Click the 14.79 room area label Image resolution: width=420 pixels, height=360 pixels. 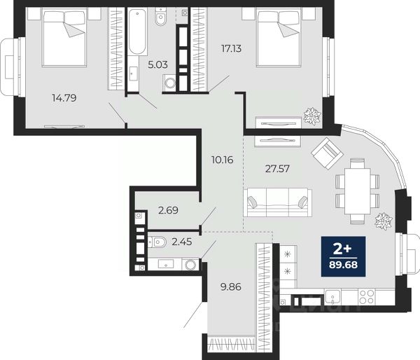click(64, 98)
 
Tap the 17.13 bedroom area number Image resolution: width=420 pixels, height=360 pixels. click(231, 48)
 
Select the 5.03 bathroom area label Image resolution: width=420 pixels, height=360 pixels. click(157, 64)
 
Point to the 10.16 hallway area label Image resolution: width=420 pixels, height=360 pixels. click(223, 160)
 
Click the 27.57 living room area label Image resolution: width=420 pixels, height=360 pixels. click(277, 169)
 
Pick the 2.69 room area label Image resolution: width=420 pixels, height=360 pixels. click(168, 210)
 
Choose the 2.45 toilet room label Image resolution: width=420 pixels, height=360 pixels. click(182, 242)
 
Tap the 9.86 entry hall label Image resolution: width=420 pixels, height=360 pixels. click(230, 287)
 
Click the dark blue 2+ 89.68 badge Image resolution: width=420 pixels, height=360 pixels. click(344, 256)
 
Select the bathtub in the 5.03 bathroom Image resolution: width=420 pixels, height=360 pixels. click(137, 32)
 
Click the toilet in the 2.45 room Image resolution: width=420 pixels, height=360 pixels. click(157, 242)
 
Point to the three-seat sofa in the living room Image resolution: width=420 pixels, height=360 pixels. click(277, 202)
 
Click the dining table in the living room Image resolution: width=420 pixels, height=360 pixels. click(358, 191)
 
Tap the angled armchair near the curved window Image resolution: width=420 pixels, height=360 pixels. click(327, 153)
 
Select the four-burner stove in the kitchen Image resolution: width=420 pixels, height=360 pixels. click(366, 297)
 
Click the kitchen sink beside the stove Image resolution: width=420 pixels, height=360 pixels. click(332, 297)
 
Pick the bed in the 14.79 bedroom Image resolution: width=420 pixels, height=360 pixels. click(64, 36)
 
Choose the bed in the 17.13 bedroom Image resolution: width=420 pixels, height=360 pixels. click(278, 36)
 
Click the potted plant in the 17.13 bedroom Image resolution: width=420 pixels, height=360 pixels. click(312, 116)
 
